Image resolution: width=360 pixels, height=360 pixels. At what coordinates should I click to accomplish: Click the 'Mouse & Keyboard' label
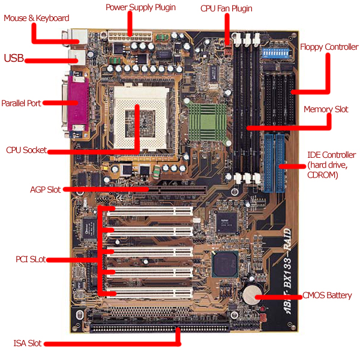pos(36,18)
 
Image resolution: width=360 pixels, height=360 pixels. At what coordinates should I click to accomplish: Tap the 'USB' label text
pos(14,58)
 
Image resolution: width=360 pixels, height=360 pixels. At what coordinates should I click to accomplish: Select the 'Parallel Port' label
pos(21,103)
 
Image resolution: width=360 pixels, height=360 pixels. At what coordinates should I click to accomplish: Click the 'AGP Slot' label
pos(45,190)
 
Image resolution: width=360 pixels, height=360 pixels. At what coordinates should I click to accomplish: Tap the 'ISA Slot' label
pos(28,344)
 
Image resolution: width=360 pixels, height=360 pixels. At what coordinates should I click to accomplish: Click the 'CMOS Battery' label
pos(327,296)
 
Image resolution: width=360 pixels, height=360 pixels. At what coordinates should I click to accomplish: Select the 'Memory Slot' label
pos(326,110)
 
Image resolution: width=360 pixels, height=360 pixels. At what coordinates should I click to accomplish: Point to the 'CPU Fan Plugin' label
pos(226,9)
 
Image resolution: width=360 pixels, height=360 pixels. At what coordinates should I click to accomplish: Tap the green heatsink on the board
pos(205,120)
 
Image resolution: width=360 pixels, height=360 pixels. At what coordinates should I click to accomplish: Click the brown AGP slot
pos(159,188)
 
